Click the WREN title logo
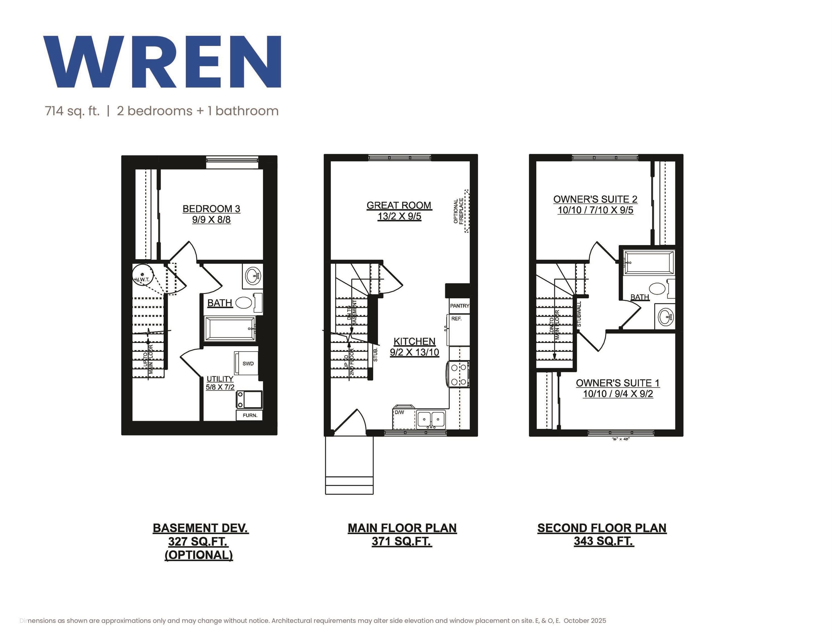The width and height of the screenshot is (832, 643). point(162,62)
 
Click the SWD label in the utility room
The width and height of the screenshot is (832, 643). point(248,363)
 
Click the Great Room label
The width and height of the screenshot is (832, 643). point(399,205)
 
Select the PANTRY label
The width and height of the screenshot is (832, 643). point(459,306)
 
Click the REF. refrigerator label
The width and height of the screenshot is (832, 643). point(456,318)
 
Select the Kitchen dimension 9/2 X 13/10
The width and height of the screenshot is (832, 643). point(414,352)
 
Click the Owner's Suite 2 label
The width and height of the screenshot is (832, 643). point(595,199)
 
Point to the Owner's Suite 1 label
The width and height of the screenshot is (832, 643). point(618,383)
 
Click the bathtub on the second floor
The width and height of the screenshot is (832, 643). point(649,262)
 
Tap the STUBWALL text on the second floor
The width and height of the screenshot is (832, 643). point(579,314)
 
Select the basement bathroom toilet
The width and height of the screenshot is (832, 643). point(244,303)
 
